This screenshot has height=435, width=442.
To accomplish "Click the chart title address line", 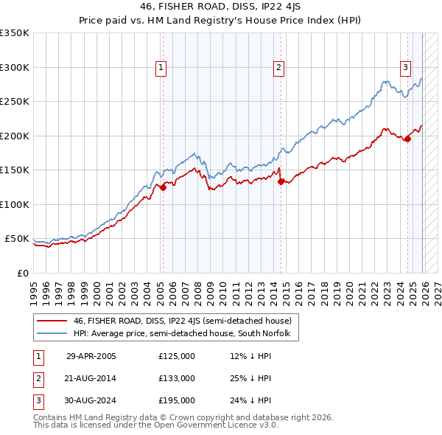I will [221, 9].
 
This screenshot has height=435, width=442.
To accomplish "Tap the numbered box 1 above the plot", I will [161, 68].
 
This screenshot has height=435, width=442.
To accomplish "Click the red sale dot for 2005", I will [164, 187].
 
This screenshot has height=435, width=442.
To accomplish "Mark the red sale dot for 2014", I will [281, 182].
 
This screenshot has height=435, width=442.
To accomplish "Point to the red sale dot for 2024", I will [407, 139].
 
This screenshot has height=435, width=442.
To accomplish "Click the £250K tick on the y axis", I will [15, 102].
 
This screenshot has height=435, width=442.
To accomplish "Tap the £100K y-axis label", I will [15, 205].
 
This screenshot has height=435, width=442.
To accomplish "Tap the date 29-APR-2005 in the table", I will [91, 356].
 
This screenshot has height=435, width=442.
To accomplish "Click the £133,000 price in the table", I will [177, 378].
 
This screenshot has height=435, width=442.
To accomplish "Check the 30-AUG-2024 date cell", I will [91, 400].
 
